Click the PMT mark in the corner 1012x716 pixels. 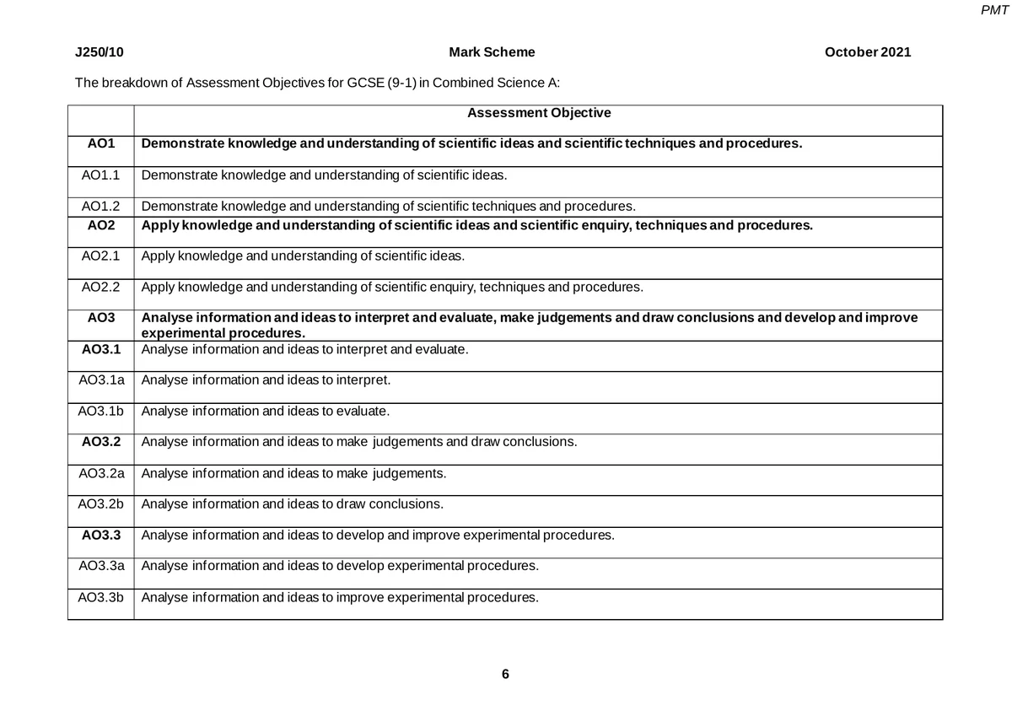pos(996,10)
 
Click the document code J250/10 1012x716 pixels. pos(100,52)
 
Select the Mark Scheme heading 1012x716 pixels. pos(492,52)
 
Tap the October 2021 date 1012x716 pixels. pos(868,52)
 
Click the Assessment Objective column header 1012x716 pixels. pos(539,113)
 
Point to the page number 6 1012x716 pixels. pos(505,674)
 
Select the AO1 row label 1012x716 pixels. pos(100,143)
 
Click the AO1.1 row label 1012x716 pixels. pos(100,175)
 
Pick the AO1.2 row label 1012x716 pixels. pos(100,206)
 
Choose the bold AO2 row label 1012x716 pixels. pos(100,225)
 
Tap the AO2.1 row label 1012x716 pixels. pos(100,256)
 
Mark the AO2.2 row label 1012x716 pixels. pos(100,287)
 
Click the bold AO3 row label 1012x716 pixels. pos(100,318)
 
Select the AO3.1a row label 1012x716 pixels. pos(100,380)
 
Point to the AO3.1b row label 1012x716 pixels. pos(100,411)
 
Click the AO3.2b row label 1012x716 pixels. pos(100,504)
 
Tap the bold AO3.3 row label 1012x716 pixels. pos(100,535)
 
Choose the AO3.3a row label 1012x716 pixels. pos(100,566)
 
